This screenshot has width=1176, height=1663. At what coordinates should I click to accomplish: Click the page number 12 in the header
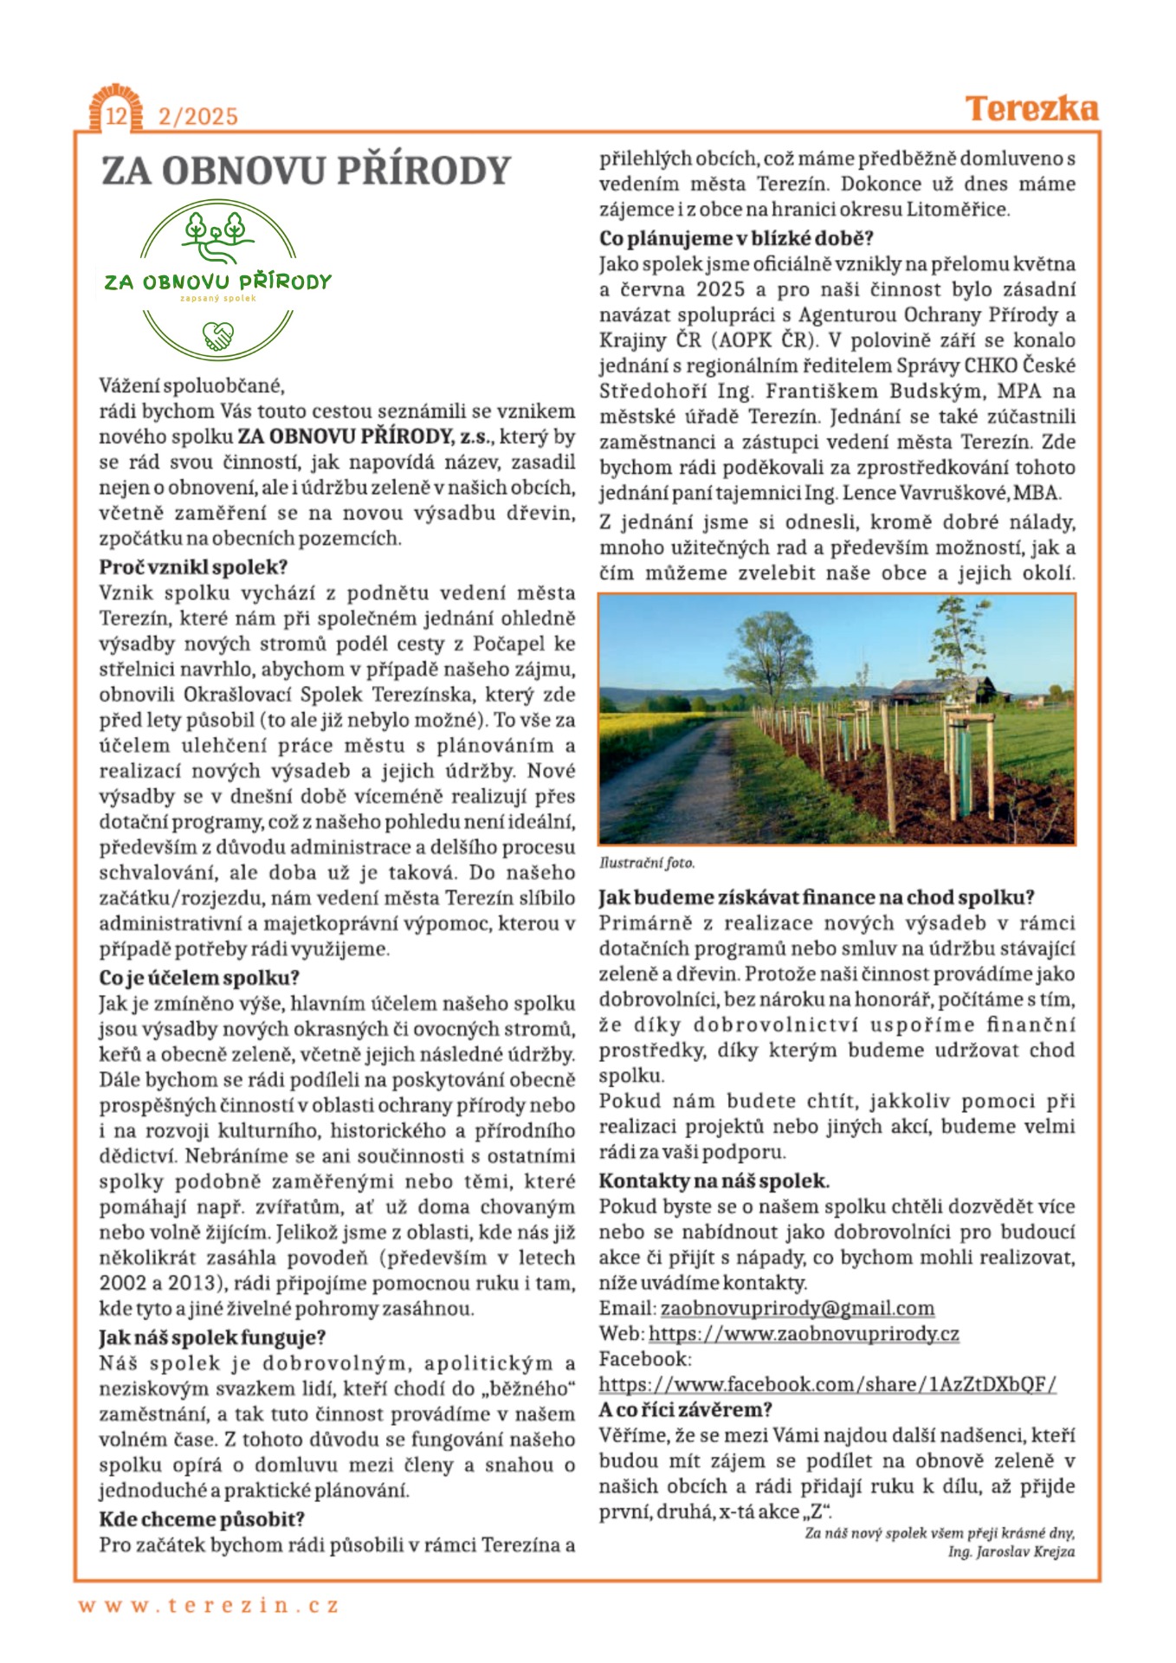(x=115, y=116)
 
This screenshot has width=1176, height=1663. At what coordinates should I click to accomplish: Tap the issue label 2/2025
(x=197, y=117)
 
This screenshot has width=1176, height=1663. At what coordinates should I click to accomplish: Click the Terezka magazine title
(x=1031, y=109)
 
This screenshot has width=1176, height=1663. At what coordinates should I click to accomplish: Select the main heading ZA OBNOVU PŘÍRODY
(x=307, y=171)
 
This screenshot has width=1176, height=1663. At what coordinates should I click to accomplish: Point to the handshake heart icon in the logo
(x=218, y=335)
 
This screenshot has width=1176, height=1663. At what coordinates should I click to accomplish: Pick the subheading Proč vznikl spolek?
(x=192, y=567)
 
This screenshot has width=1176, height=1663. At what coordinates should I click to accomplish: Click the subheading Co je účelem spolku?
(x=198, y=978)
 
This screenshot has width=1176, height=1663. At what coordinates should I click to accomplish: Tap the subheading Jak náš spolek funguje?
(x=211, y=1337)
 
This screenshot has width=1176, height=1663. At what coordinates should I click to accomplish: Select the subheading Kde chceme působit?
(x=201, y=1519)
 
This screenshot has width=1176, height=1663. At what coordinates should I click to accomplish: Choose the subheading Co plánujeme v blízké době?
(x=736, y=238)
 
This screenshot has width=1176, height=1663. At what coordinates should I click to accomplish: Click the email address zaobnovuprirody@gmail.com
(x=797, y=1308)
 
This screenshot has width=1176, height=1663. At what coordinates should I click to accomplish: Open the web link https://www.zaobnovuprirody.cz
(x=804, y=1334)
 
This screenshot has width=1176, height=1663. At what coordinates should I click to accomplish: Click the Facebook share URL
(x=827, y=1384)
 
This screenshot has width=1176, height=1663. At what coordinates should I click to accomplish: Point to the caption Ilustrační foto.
(x=646, y=863)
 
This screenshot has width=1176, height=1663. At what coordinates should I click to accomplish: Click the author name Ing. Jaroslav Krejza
(x=1011, y=1551)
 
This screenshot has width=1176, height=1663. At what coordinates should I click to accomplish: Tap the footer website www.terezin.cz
(x=209, y=1605)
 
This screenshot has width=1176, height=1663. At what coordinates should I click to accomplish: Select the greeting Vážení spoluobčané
(x=191, y=385)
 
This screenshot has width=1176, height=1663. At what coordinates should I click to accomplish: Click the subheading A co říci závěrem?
(x=685, y=1410)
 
